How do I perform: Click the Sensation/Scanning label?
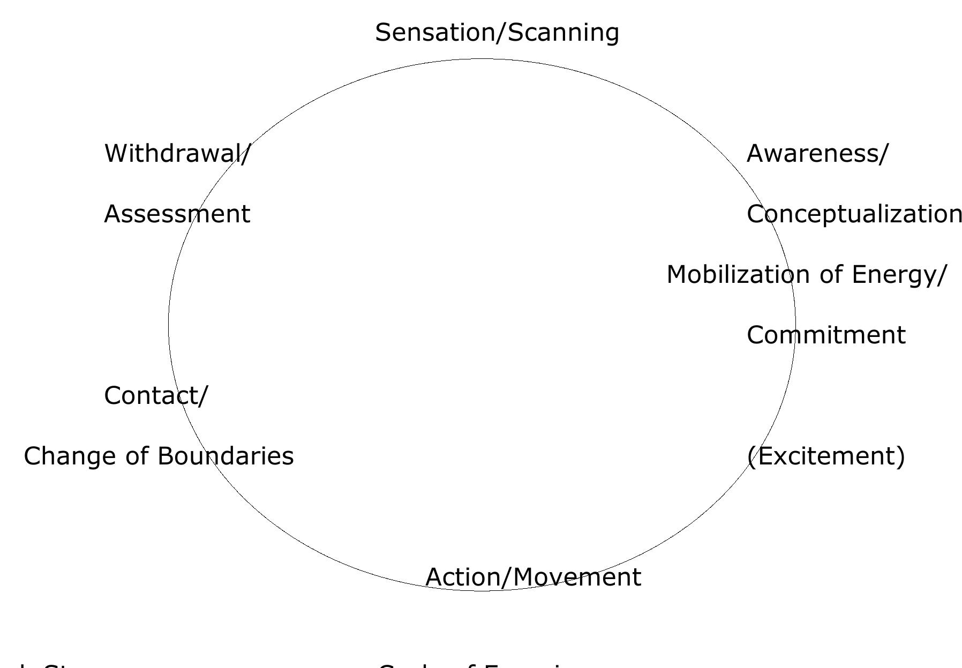(497, 33)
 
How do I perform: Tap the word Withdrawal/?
(177, 154)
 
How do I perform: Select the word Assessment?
(177, 214)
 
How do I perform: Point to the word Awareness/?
(817, 154)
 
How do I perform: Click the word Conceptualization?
(854, 214)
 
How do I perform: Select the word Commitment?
(826, 335)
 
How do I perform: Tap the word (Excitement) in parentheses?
(825, 456)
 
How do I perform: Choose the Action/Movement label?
(533, 577)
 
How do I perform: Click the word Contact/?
(156, 396)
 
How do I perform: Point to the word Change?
(71, 456)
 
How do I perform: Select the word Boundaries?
(226, 456)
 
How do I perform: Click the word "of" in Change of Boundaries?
(138, 456)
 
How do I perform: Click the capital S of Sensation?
(384, 33)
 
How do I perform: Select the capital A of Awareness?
(755, 154)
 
